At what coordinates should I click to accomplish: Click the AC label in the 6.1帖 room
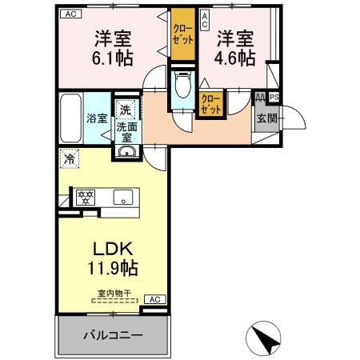pyautogui.click(x=70, y=14)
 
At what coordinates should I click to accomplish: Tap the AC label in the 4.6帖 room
pyautogui.click(x=205, y=21)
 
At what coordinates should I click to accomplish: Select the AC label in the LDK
pyautogui.click(x=155, y=299)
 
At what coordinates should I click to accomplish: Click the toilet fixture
pyautogui.click(x=183, y=84)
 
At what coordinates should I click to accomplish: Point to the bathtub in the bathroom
pyautogui.click(x=70, y=118)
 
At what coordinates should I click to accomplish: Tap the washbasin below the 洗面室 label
pyautogui.click(x=127, y=151)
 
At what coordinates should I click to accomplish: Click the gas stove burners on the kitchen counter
pyautogui.click(x=86, y=198)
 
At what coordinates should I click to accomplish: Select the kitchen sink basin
pyautogui.click(x=123, y=197)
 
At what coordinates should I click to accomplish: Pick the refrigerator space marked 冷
pyautogui.click(x=70, y=159)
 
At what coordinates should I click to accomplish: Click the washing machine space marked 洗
pyautogui.click(x=126, y=110)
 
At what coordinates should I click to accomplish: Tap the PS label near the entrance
pyautogui.click(x=274, y=98)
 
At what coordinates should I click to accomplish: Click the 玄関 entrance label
pyautogui.click(x=267, y=118)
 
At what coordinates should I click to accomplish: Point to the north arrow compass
pyautogui.click(x=263, y=338)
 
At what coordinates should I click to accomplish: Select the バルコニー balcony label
pyautogui.click(x=113, y=335)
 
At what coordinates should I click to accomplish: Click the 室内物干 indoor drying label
pyautogui.click(x=114, y=294)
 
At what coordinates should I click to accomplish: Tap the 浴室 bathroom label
pyautogui.click(x=97, y=118)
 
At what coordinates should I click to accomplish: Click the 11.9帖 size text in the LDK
pyautogui.click(x=113, y=268)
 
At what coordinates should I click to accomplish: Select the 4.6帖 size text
pyautogui.click(x=234, y=58)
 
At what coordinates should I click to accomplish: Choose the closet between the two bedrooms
pyautogui.click(x=183, y=34)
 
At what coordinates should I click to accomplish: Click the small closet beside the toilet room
pyautogui.click(x=211, y=103)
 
